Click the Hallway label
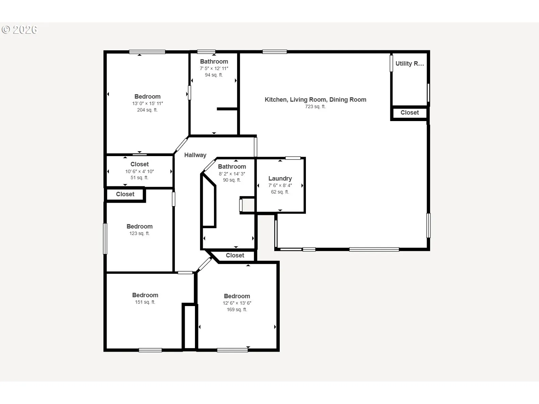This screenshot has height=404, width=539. (195, 155)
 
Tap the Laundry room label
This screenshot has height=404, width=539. (280, 178)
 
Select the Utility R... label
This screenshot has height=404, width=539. (410, 64)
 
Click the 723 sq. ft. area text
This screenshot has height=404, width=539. (315, 106)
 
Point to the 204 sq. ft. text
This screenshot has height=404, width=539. (147, 110)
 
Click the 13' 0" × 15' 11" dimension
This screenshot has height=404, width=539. (147, 103)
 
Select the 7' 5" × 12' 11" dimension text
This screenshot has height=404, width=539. (214, 68)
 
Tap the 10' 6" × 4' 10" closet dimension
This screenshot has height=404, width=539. (140, 171)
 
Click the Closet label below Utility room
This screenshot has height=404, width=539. (410, 113)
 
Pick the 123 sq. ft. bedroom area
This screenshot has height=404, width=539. (140, 233)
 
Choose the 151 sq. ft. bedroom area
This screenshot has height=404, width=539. (145, 302)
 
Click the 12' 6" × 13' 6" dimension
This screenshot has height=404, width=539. (237, 303)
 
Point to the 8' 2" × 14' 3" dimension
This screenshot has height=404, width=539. (232, 174)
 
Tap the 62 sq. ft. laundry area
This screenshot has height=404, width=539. (280, 192)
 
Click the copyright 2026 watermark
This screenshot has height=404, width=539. (19, 30)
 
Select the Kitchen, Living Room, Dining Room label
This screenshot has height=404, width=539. (315, 100)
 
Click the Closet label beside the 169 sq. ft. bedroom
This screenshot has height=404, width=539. (235, 255)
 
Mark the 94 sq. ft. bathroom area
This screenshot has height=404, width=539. (214, 75)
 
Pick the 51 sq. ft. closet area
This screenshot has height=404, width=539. (140, 178)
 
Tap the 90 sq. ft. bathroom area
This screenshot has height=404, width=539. (232, 180)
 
